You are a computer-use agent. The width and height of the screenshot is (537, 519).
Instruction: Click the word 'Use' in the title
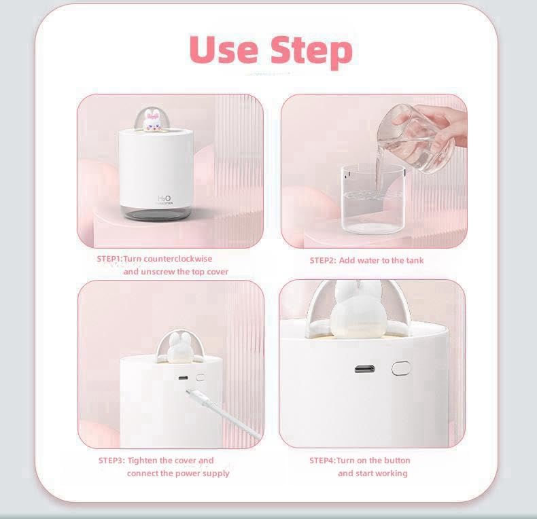pyautogui.click(x=224, y=50)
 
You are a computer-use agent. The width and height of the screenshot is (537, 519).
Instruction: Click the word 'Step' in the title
pyautogui.click(x=311, y=52)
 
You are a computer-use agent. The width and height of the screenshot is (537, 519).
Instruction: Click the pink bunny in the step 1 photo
pyautogui.click(x=150, y=120)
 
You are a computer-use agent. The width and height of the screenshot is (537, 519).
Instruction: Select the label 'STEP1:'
pyautogui.click(x=109, y=259)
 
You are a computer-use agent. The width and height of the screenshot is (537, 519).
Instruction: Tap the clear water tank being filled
pyautogui.click(x=373, y=198)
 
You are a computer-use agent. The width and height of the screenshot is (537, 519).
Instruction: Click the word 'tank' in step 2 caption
pyautogui.click(x=415, y=261)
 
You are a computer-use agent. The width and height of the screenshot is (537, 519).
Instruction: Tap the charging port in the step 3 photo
pyautogui.click(x=184, y=378)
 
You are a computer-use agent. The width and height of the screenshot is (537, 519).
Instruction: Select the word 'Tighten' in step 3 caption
pyautogui.click(x=143, y=461)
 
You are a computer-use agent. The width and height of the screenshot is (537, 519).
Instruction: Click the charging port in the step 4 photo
pyautogui.click(x=365, y=370)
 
